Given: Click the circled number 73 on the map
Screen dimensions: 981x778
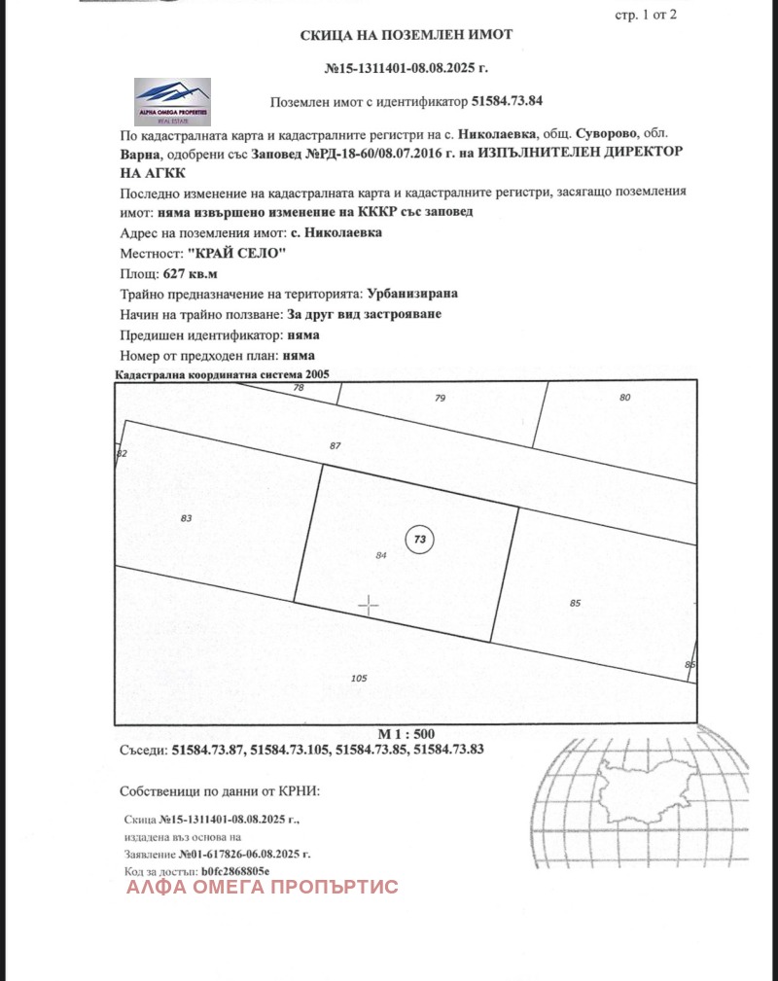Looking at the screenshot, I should [x=419, y=538].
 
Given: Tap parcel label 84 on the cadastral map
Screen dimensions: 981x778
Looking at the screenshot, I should [x=381, y=554].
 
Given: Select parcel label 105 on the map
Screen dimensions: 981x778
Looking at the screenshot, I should [x=358, y=678].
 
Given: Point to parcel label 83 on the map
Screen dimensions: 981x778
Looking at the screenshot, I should [x=187, y=518].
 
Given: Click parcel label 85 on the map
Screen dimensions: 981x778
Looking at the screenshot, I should [x=575, y=603].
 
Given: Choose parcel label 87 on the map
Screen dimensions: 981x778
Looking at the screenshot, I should [x=336, y=445].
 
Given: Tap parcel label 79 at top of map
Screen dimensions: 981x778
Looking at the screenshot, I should [x=440, y=398].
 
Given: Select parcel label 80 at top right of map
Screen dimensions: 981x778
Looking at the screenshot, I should [x=624, y=397].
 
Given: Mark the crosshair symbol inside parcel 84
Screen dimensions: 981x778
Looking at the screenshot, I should [x=369, y=606].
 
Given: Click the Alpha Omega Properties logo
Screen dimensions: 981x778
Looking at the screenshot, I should [x=172, y=99].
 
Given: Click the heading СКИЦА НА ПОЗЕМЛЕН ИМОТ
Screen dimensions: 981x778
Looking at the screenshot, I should [x=406, y=35].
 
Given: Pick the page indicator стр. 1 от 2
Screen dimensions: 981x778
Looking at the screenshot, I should [x=646, y=14].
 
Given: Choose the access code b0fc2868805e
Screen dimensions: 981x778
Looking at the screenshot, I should [x=234, y=870].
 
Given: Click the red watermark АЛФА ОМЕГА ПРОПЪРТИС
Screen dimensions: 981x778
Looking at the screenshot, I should [x=263, y=887].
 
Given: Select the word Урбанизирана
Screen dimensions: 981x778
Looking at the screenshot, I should [x=412, y=294].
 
